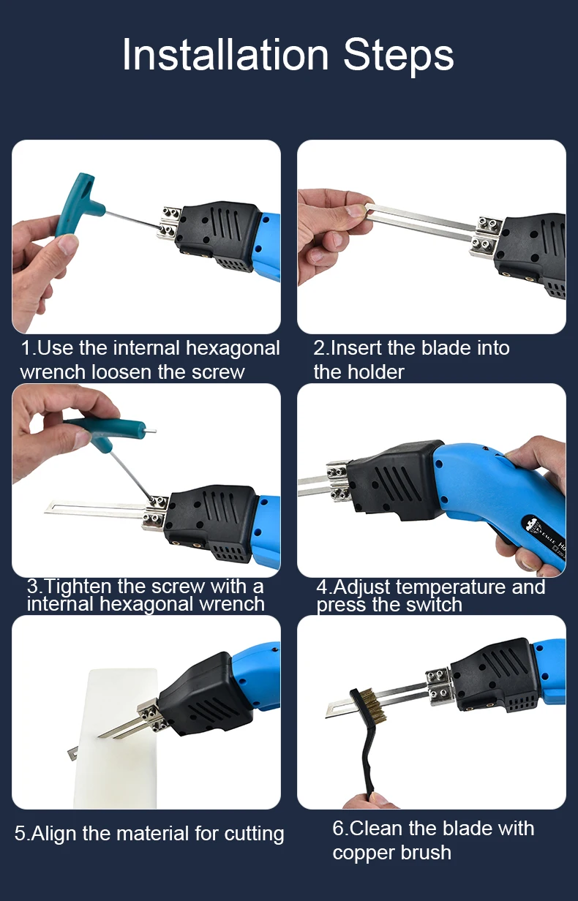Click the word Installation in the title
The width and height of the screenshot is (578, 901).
(225, 55)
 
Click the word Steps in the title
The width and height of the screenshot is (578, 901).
(398, 56)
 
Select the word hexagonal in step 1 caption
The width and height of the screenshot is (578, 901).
(233, 348)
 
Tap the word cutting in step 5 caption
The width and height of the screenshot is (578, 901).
(254, 834)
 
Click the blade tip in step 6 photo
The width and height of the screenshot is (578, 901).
(327, 717)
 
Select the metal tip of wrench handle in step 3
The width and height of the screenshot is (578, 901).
(151, 431)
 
